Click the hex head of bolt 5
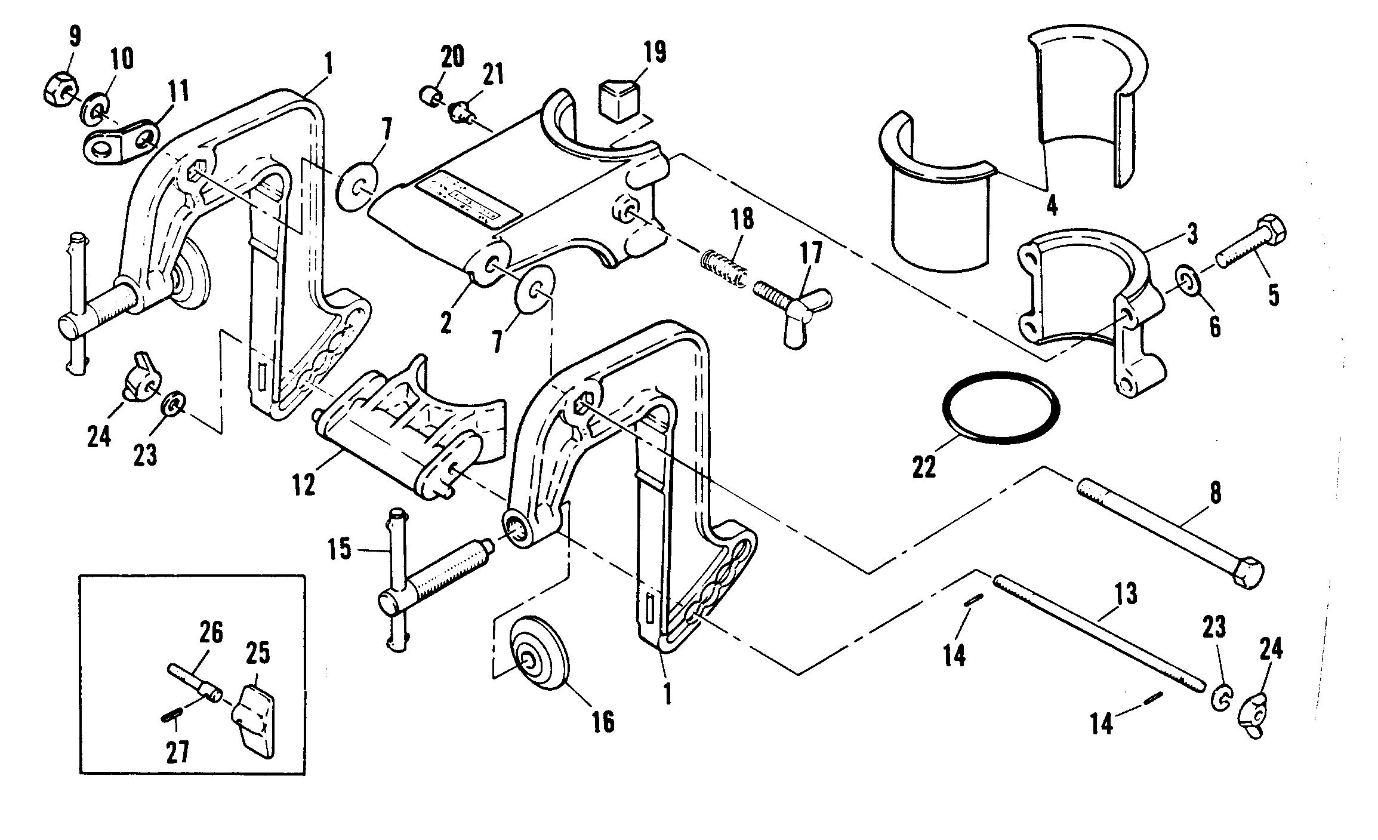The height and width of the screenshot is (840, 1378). [1269, 228]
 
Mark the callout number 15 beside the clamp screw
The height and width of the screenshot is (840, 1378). [340, 549]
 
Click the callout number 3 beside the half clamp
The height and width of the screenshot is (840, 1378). [1191, 235]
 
